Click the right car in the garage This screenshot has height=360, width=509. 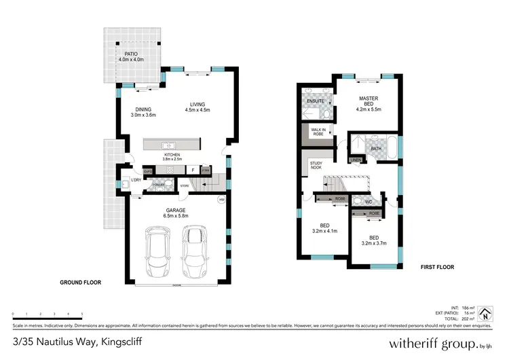pyautogui.click(x=194, y=249)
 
